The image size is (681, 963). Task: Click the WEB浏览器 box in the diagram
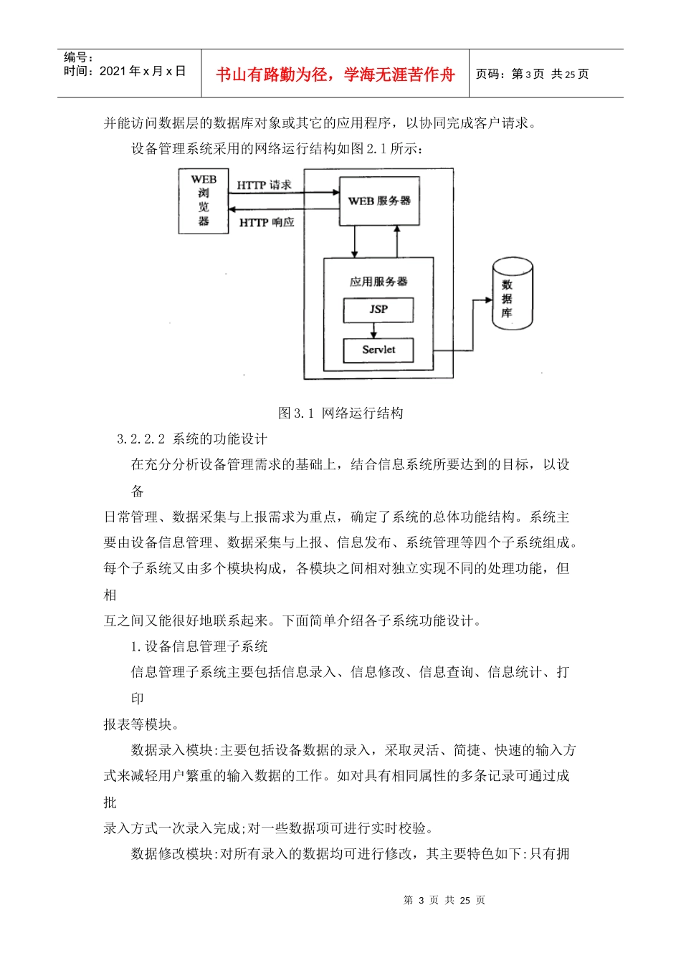pos(204,201)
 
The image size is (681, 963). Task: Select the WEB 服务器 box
pos(379,201)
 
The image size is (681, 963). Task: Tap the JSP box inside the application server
pos(378,310)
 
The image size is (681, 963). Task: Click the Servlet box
pos(378,350)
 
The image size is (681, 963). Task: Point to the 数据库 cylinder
pos(512,296)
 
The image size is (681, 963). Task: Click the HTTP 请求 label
pos(265,185)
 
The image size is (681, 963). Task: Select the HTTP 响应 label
pos(267,223)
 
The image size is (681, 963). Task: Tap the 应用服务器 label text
pos(378,282)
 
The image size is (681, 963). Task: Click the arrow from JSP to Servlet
pos(373,330)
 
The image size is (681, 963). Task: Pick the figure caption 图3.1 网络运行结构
pos(340,413)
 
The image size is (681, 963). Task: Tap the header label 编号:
pos(79,57)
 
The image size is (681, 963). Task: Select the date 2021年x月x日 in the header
pos(142,71)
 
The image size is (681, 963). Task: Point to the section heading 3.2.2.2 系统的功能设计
pos(192,439)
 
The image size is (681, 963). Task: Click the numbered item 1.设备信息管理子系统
pos(199,646)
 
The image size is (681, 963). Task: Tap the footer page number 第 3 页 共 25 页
pos(444,900)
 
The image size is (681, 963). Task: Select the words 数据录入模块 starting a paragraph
pos(172,750)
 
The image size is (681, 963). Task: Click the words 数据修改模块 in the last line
pos(172,853)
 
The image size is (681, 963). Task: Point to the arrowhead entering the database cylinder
pos(489,301)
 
